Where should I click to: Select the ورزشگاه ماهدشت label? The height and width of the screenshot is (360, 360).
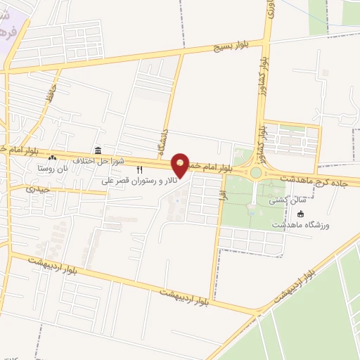click(x=306, y=225)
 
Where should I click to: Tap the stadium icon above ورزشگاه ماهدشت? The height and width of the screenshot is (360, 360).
click(x=302, y=214)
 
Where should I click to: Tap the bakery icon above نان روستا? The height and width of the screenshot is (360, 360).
click(x=52, y=159)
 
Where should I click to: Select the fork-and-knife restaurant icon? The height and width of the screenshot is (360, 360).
click(x=139, y=169)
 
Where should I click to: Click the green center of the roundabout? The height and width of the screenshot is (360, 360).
click(x=255, y=172)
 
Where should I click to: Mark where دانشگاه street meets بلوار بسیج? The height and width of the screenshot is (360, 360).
click(x=181, y=54)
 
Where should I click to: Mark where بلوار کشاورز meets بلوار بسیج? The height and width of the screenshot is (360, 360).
click(x=266, y=41)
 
